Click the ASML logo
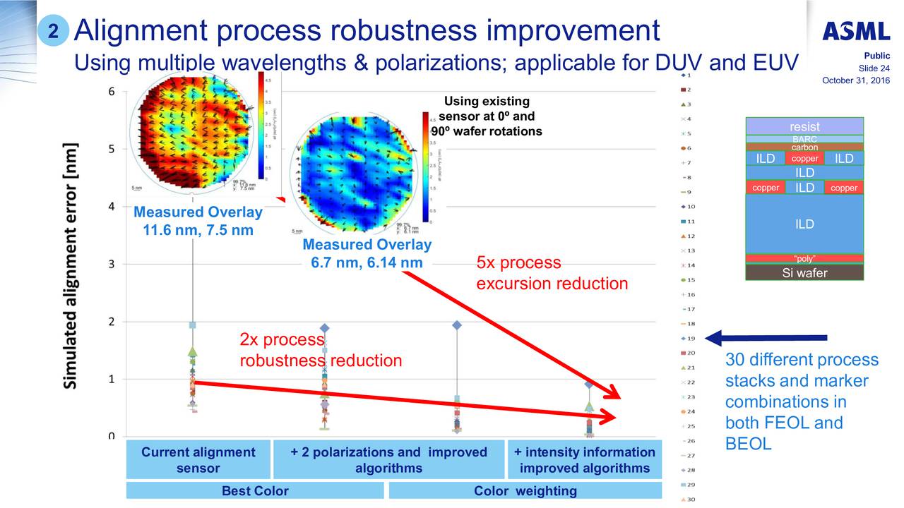pos(855,31)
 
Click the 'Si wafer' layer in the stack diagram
pos(804,273)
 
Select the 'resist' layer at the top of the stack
pos(804,126)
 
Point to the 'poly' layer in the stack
pos(804,258)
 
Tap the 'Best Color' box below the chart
pos(254,491)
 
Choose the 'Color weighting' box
pos(525,491)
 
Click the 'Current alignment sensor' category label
pos(198,460)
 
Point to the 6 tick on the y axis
pos(112,92)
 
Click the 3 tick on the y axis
pos(112,265)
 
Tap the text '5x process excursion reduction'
pos(552,273)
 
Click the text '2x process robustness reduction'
pos(321,351)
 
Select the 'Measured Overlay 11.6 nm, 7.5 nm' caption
pos(198,221)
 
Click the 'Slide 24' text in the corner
pos(874,68)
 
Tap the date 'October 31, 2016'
pos(855,80)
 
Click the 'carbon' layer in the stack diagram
pos(804,147)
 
